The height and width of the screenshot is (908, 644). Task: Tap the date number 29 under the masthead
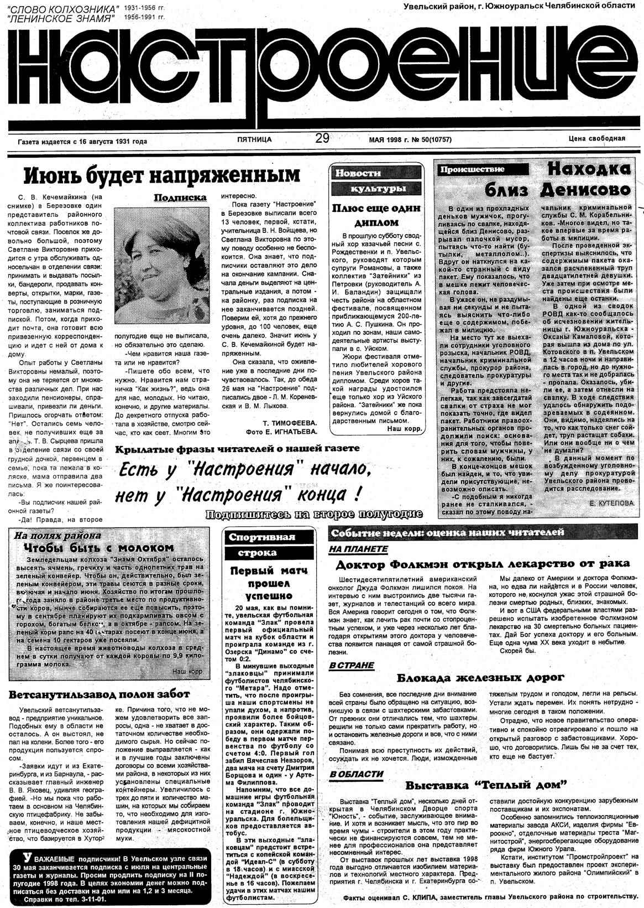322,139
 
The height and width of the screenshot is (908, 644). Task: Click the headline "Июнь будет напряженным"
162,175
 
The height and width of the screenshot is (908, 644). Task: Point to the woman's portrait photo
160,269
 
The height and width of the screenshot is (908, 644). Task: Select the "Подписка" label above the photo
180,197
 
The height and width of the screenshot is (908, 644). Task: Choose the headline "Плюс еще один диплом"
376,215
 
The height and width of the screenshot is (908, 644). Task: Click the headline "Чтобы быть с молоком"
99,548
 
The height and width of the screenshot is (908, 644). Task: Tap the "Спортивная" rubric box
262,537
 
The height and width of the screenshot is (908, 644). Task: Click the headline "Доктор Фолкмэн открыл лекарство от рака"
483,564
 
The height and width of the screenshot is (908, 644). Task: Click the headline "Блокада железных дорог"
480,678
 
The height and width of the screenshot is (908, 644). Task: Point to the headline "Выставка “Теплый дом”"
487,785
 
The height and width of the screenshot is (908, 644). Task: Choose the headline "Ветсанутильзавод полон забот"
100,694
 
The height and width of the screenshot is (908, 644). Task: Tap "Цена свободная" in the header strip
596,139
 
